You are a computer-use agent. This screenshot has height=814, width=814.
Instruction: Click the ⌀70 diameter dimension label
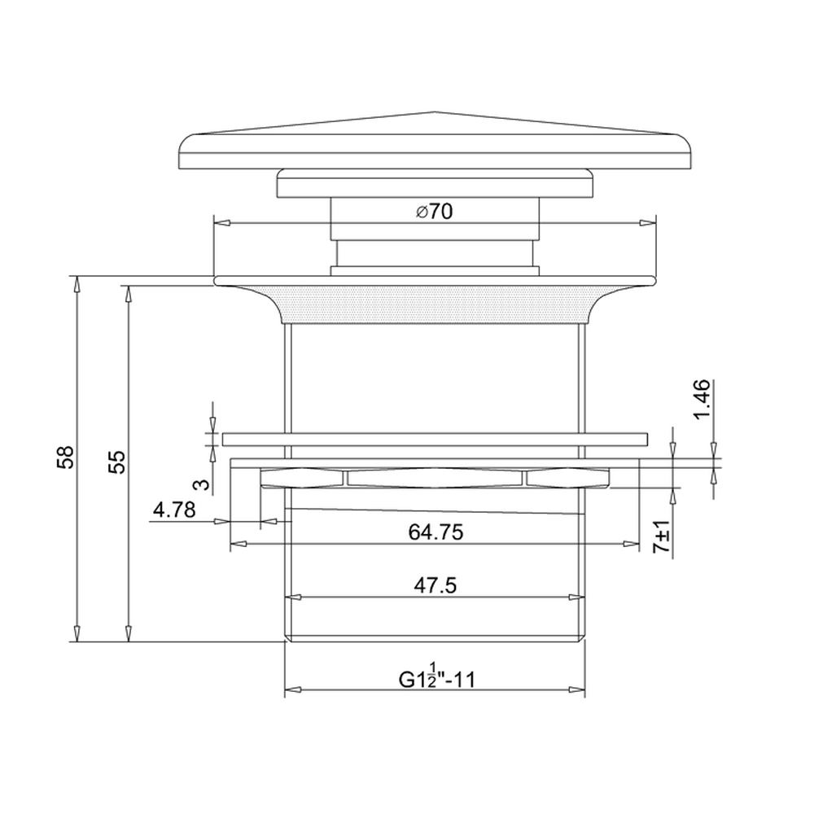point(434,212)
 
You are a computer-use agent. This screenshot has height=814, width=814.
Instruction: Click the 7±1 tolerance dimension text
point(662,537)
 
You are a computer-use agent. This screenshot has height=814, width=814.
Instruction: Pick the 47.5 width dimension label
point(435,585)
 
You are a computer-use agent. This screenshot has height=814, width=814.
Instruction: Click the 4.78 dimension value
point(173,510)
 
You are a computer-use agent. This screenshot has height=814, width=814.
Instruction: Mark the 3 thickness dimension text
point(201,484)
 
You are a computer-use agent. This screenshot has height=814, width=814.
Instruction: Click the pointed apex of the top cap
point(435,112)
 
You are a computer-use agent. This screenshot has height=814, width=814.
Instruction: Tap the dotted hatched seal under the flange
point(435,304)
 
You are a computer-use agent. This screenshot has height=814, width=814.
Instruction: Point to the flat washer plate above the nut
point(435,439)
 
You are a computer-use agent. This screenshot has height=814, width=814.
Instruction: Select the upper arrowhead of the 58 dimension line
point(77,283)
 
